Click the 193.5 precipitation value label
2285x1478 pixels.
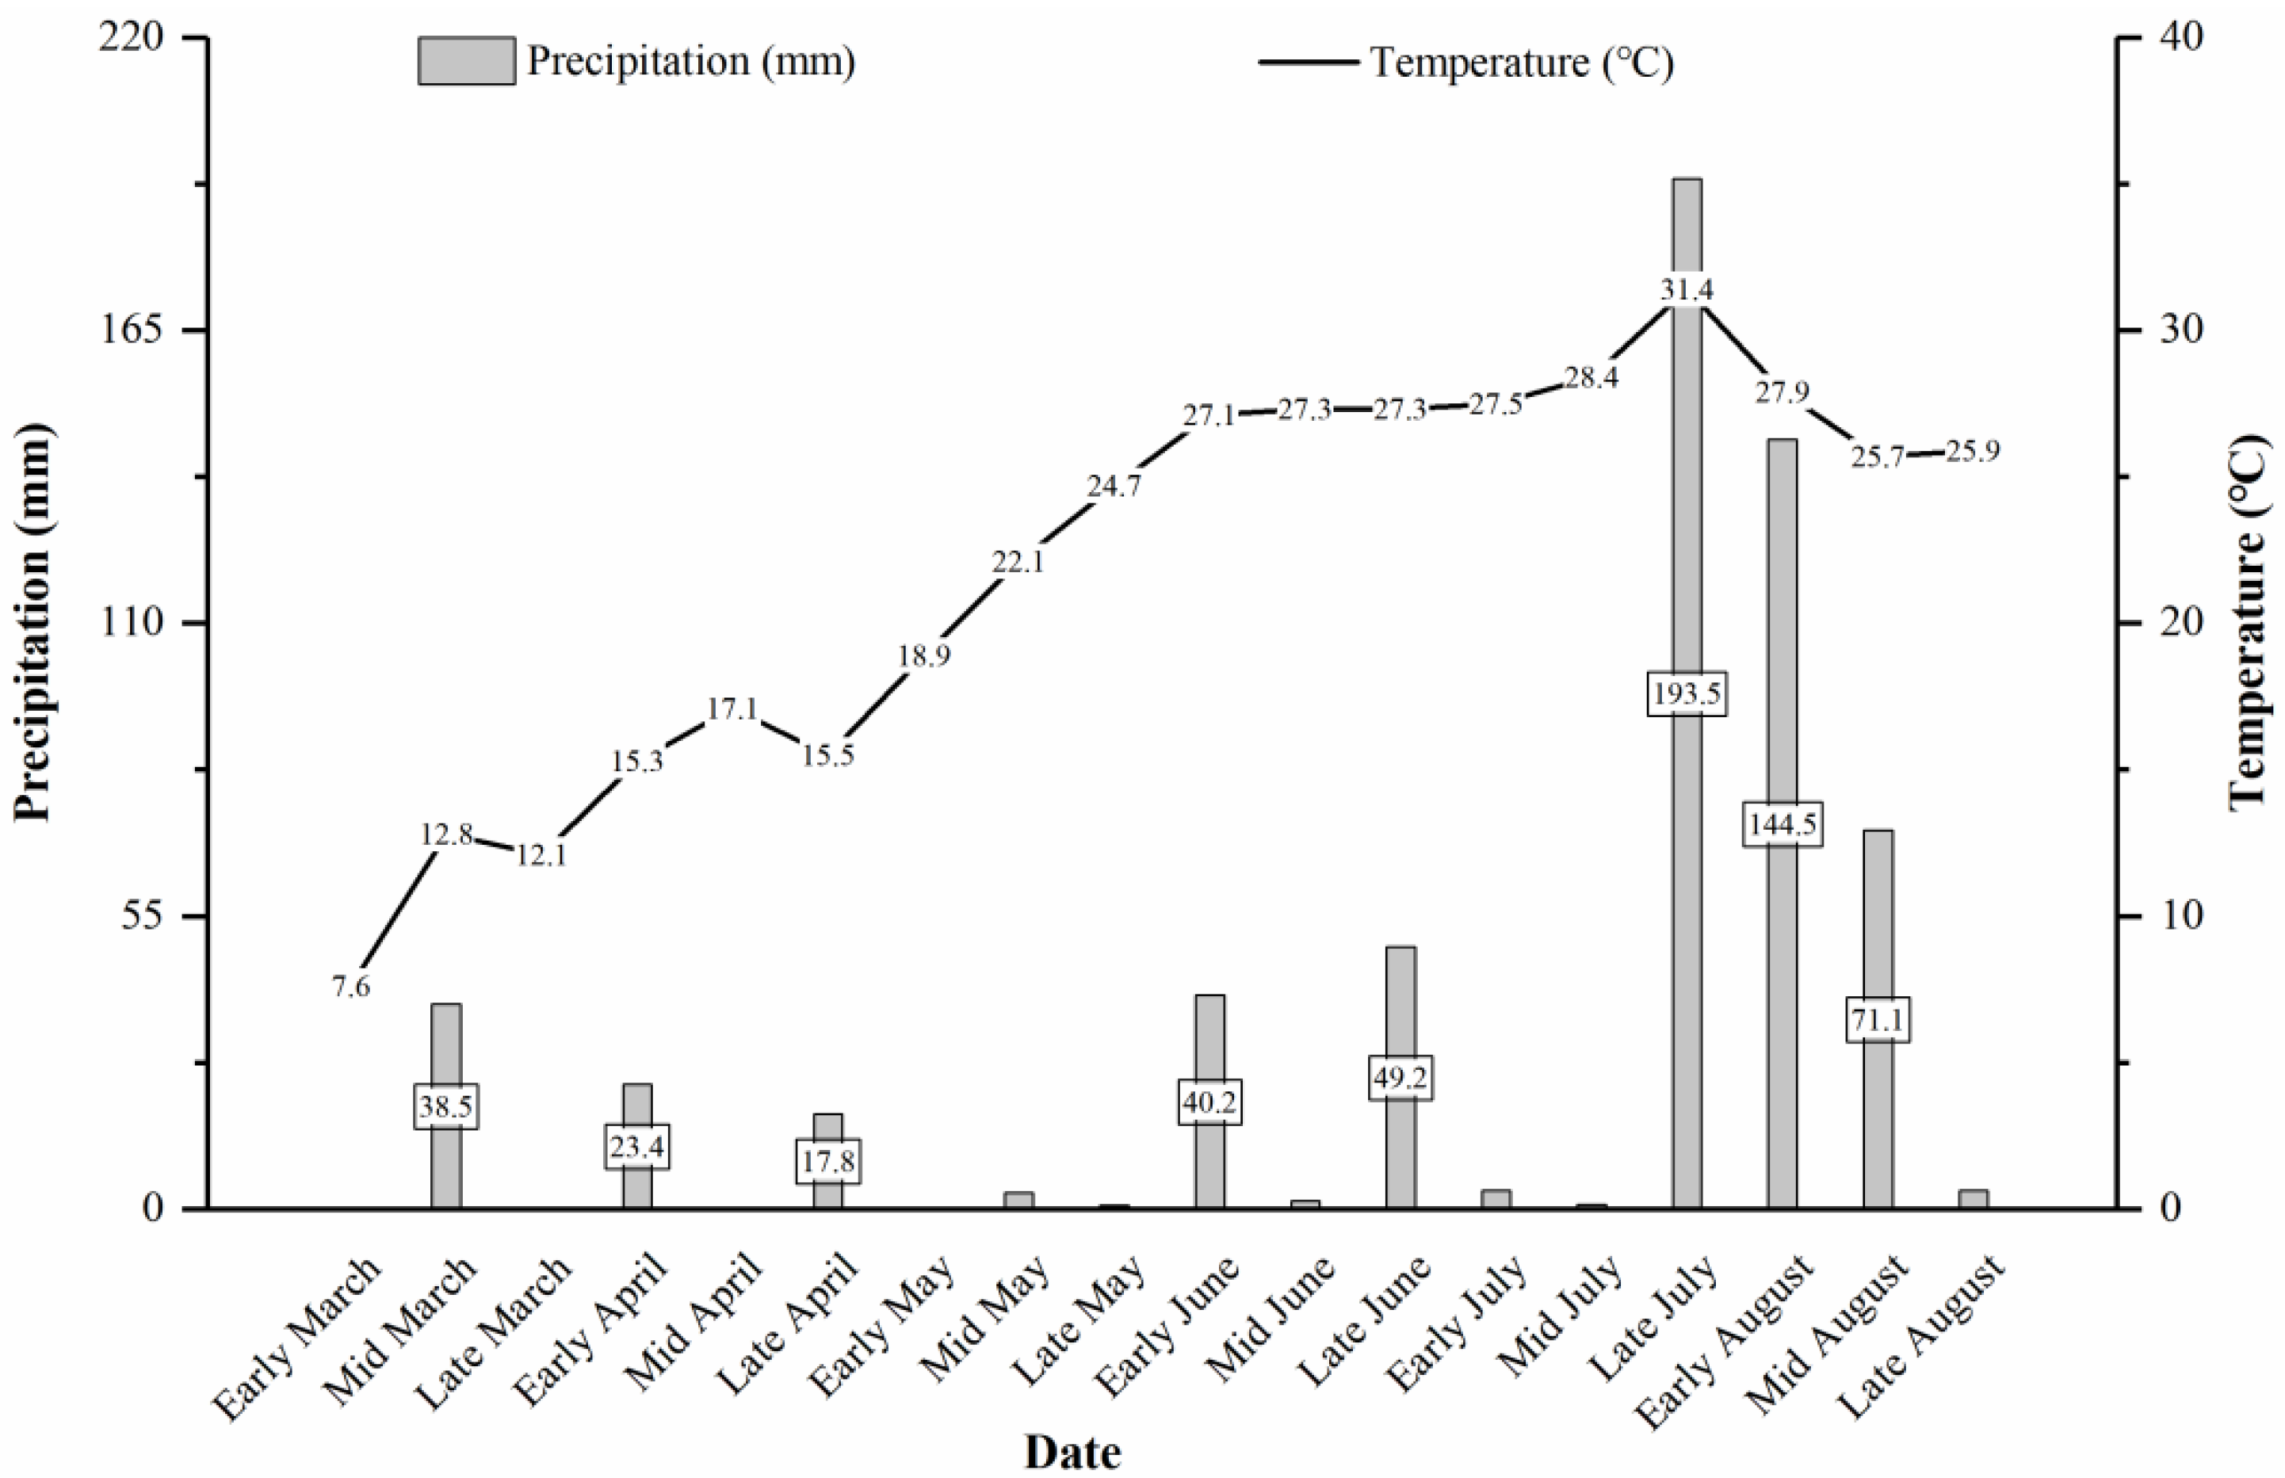[1686, 693]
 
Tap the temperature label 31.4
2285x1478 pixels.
[1686, 289]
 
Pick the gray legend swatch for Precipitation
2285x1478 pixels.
[465, 62]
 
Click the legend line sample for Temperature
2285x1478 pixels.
[1308, 62]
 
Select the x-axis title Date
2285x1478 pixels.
[1072, 1451]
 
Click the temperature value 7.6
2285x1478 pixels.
[351, 987]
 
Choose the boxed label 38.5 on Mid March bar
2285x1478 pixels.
[446, 1106]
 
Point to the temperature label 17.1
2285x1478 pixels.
[732, 709]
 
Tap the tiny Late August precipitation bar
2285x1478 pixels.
[1972, 1199]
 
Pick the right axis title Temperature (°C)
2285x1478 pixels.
[2249, 623]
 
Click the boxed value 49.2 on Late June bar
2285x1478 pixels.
[1399, 1078]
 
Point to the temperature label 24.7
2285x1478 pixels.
[1114, 487]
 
